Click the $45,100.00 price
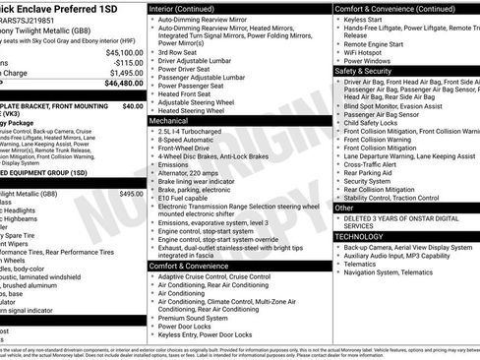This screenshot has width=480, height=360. click(124, 52)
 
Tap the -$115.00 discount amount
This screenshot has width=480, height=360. click(128, 62)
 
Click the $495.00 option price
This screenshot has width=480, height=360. click(131, 194)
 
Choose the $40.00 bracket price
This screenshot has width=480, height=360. click(133, 105)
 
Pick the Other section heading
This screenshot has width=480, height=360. click(344, 209)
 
